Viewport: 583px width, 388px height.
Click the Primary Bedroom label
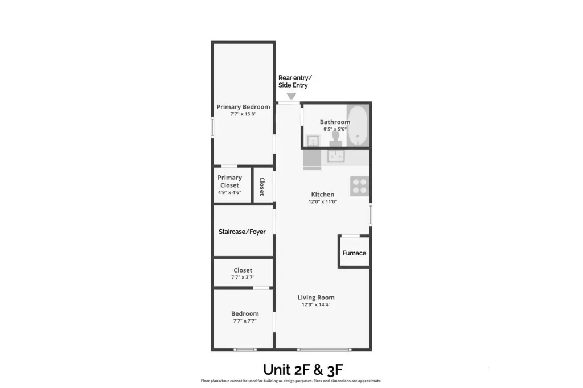coord(243,107)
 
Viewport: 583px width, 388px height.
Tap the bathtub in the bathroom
coord(358,125)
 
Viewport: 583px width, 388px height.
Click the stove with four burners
coord(359,187)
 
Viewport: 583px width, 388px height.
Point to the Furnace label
coord(354,253)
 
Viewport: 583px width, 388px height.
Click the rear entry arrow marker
coord(291,97)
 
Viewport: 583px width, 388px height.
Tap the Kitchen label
coord(322,195)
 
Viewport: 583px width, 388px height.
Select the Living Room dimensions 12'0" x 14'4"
coord(316,304)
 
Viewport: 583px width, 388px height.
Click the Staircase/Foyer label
coord(242,232)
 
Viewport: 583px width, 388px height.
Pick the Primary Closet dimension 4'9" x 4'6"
coord(229,192)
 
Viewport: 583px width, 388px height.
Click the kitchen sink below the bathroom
coord(336,156)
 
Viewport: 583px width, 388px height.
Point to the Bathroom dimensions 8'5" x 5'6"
coord(335,129)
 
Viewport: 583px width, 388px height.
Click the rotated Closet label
coord(262,186)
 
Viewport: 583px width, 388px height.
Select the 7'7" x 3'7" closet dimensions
coord(243,278)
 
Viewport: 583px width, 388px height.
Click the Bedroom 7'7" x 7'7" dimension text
coord(245,321)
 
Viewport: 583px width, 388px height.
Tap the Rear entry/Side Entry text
coord(295,81)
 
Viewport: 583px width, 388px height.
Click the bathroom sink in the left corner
coord(313,140)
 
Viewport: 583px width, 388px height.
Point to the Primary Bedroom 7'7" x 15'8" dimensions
coord(243,114)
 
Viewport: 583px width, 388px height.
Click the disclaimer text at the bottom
coord(291,381)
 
